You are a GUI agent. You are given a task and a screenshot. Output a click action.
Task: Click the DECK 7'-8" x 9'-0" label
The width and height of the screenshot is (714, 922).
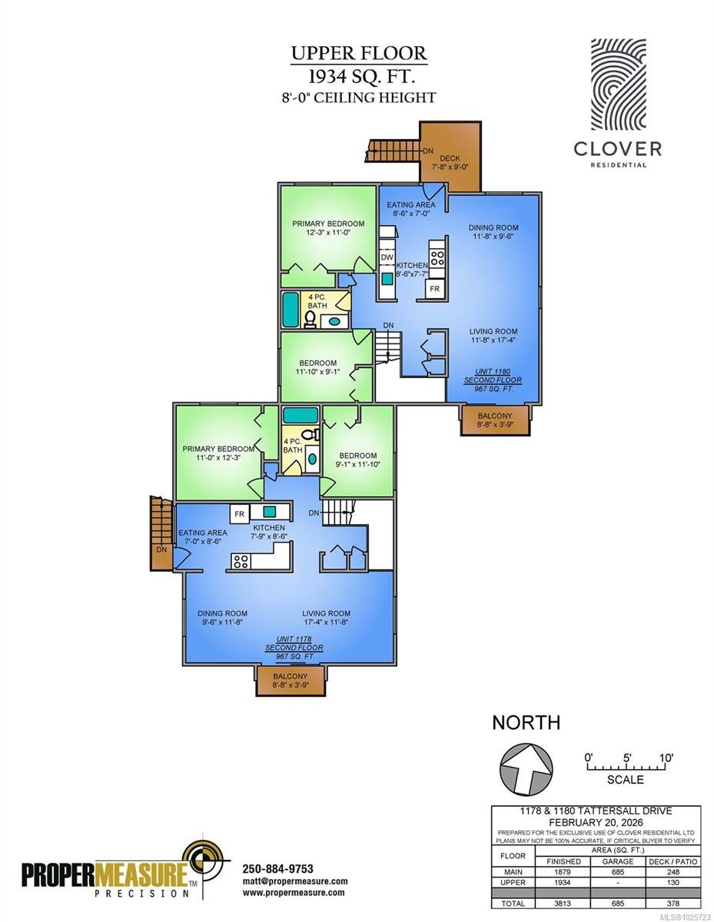[450, 163]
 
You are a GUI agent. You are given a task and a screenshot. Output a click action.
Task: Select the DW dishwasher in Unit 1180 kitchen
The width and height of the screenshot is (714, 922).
[387, 257]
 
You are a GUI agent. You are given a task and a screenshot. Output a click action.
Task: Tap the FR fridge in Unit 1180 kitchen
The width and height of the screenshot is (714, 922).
[434, 289]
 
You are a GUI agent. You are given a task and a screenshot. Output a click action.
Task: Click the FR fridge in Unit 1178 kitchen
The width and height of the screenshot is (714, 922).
[240, 514]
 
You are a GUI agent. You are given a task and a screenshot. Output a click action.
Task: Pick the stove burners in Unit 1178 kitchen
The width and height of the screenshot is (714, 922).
[241, 562]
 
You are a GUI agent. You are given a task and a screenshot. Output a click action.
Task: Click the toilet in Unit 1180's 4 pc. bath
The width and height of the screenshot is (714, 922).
[311, 319]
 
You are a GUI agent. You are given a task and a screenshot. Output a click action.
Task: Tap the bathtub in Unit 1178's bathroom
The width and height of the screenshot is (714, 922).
[301, 415]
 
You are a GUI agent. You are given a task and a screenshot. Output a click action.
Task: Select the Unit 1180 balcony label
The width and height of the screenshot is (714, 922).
[495, 420]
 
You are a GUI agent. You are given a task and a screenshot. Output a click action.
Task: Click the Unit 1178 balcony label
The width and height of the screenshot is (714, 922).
[291, 680]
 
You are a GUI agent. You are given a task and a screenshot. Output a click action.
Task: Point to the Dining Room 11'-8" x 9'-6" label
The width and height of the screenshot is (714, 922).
[493, 232]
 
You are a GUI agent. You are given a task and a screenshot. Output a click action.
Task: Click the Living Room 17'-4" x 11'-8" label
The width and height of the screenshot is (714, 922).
[326, 618]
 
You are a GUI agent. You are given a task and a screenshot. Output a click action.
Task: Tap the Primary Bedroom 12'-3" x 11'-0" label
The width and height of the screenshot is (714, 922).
[328, 228]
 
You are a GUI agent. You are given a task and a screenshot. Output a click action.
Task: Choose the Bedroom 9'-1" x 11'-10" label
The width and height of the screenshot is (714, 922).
[358, 460]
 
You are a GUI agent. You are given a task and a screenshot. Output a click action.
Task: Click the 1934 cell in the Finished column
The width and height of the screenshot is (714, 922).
[563, 883]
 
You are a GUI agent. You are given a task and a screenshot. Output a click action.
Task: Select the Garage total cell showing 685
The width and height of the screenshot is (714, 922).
[618, 904]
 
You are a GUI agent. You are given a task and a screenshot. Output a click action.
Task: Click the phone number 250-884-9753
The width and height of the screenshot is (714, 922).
[278, 869]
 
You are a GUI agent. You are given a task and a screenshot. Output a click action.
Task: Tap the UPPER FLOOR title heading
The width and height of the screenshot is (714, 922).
[359, 54]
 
